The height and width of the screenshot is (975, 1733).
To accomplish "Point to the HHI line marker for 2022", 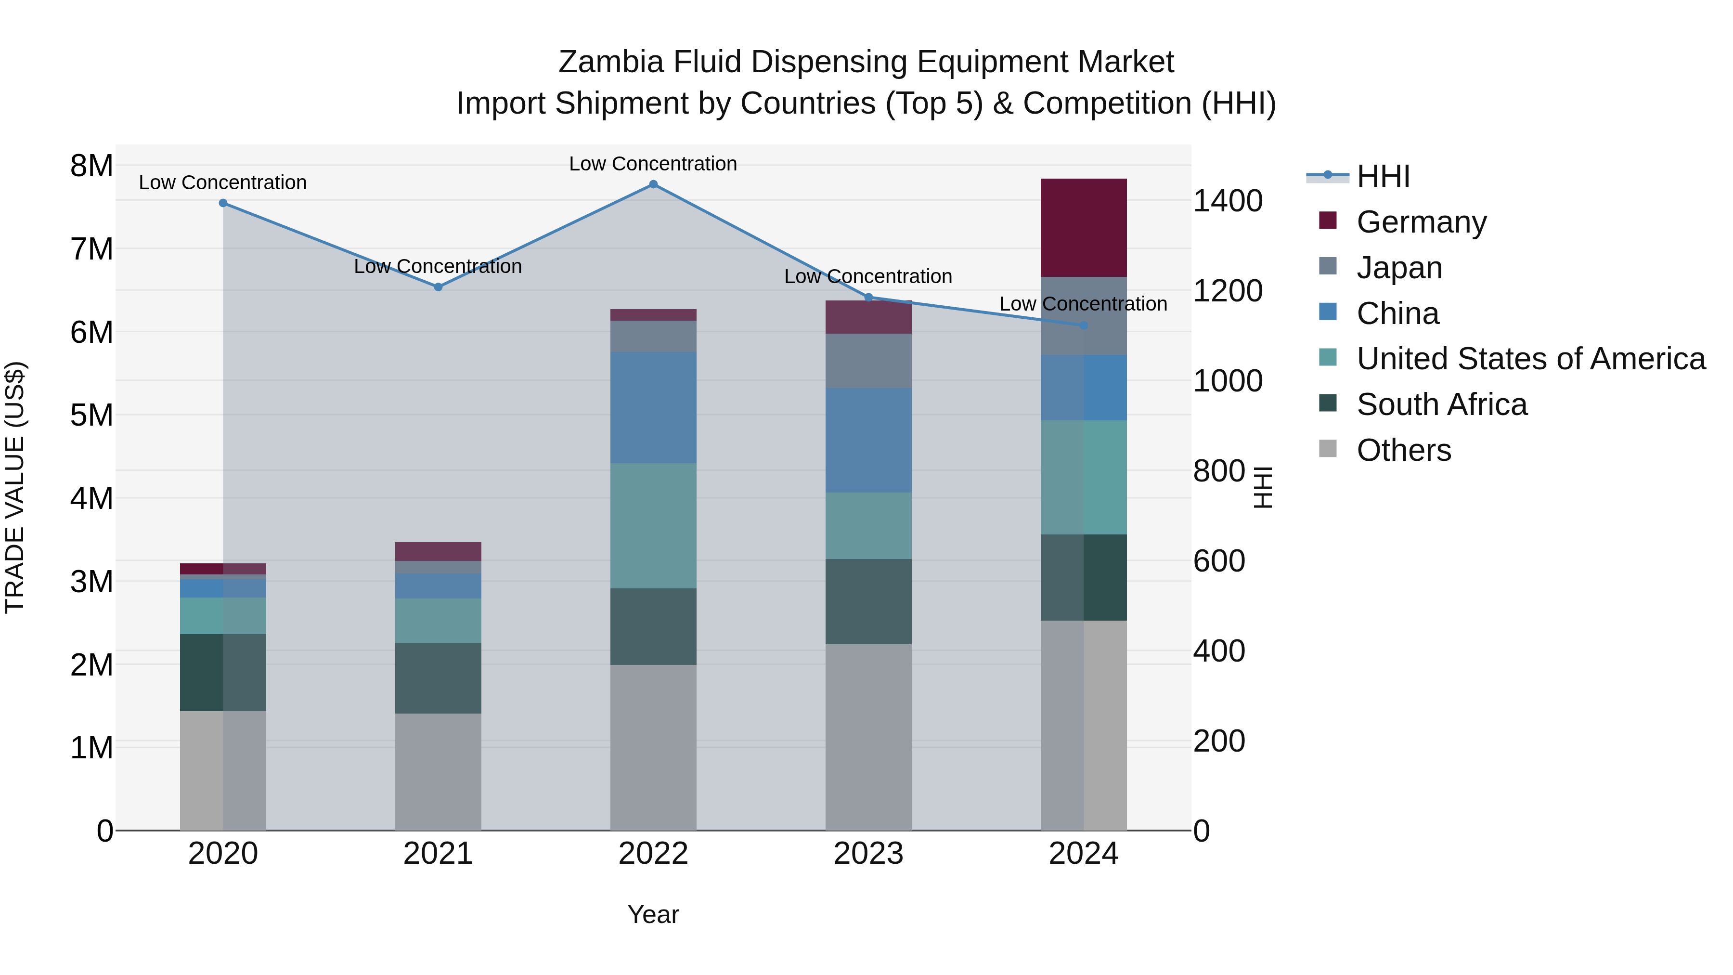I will point(653,184).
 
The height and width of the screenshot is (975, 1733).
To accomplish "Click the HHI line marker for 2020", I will point(223,203).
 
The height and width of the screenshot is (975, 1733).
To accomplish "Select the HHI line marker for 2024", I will point(1083,325).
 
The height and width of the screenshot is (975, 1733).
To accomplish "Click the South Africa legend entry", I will point(1441,404).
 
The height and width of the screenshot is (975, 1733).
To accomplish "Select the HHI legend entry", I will point(1383,176).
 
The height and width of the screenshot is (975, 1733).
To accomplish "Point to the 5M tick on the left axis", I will point(91,415).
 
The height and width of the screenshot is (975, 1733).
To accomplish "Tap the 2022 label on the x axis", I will point(653,854).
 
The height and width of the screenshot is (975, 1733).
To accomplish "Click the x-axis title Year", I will point(653,914).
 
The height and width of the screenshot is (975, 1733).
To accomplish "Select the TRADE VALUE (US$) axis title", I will point(15,487).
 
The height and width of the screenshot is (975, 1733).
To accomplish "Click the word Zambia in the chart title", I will point(610,62).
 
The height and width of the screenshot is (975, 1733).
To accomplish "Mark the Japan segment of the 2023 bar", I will point(868,361).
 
